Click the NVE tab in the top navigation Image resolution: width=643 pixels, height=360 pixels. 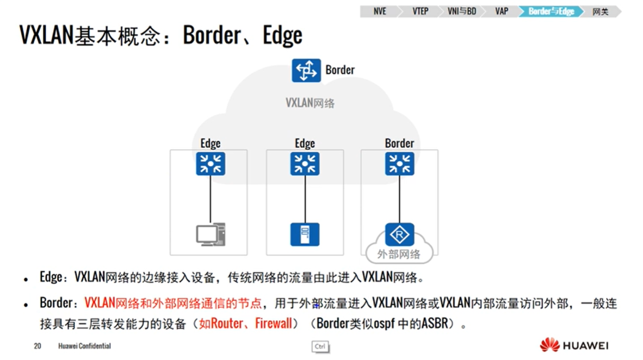pos(379,11)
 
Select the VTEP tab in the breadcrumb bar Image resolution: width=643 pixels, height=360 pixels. pos(420,11)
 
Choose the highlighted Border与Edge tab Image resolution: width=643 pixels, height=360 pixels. pos(551,11)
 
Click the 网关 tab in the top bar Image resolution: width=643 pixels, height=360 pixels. pos(601,11)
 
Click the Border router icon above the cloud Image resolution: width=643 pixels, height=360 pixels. pos(306,71)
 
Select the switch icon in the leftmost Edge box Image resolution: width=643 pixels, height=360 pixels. pos(211,164)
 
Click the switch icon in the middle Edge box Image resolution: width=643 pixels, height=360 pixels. pos(305,164)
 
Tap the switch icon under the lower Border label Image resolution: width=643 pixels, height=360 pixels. pos(399,164)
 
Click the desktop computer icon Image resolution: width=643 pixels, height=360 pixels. pos(211,234)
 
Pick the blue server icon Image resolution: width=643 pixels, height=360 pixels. pos(305,234)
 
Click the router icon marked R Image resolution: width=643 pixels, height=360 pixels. pos(400,234)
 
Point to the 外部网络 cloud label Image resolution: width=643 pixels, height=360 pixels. pos(399,254)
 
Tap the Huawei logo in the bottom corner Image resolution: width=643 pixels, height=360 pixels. pos(574,345)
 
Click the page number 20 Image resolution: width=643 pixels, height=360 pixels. pos(38,346)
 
